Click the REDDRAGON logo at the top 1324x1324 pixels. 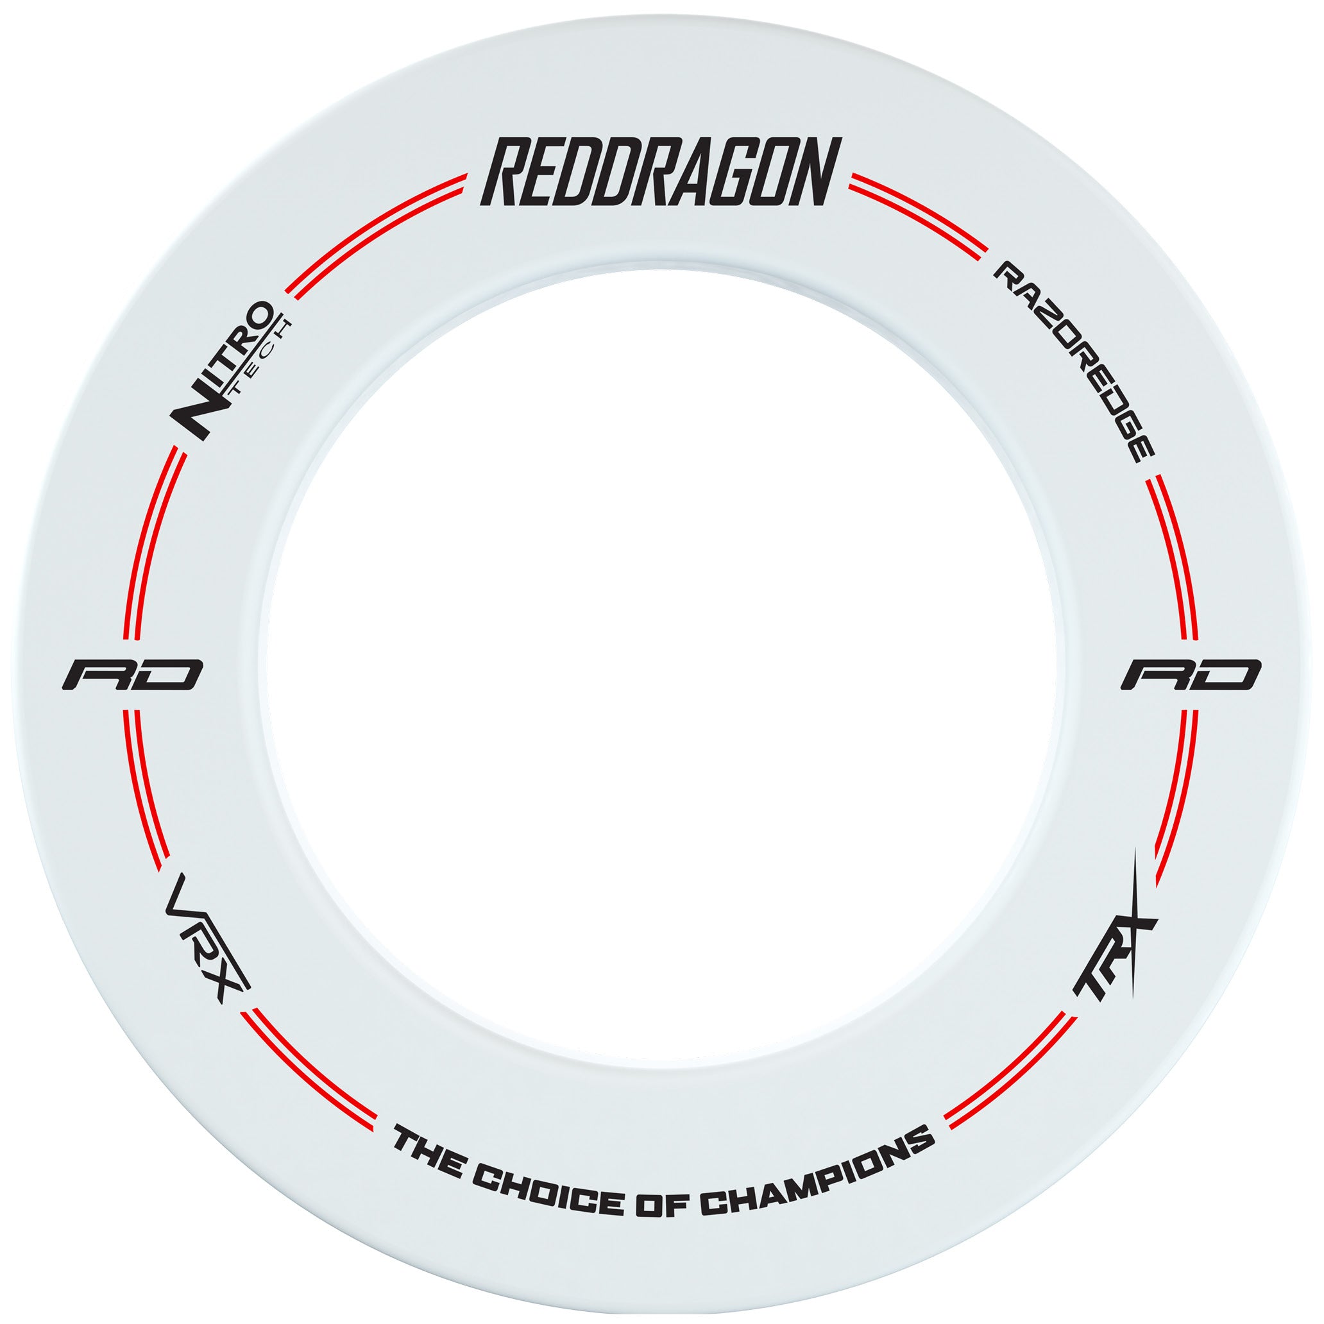pos(661,171)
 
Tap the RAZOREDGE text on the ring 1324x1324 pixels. pos(1074,362)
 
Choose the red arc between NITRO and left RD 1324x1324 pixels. pos(148,541)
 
